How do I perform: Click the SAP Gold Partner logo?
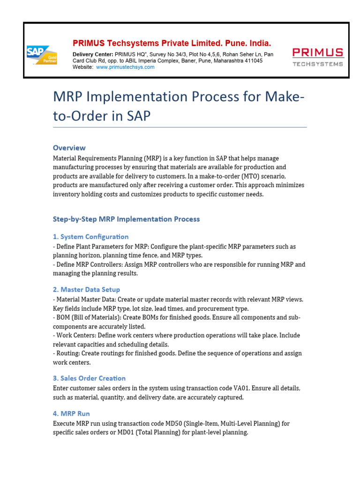42,54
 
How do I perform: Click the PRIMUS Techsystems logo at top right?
317,57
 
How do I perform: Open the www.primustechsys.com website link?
125,67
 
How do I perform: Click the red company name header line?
172,43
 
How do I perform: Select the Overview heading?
69,148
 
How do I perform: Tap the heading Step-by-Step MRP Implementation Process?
126,219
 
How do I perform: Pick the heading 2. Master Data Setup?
86,290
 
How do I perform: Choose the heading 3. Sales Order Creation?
89,378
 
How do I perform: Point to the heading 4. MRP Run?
71,413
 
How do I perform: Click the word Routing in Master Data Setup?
68,353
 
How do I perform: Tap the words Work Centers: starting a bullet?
76,336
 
